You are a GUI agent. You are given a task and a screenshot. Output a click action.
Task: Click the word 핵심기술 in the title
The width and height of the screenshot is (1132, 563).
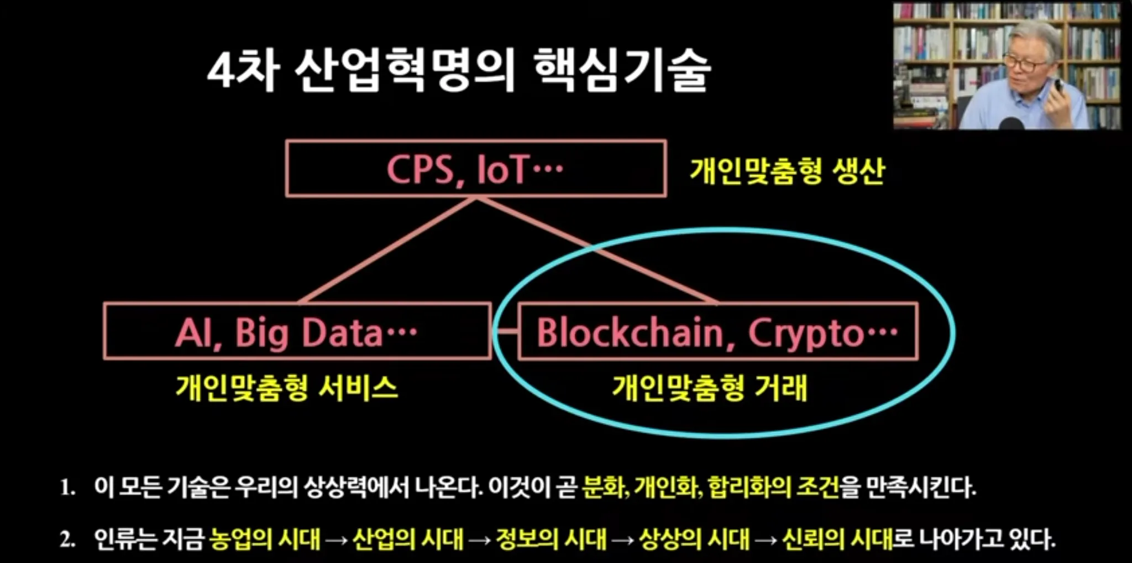622,70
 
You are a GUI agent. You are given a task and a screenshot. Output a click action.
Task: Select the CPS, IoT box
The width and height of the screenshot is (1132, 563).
475,169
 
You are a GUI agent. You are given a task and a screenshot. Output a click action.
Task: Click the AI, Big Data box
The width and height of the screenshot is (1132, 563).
297,332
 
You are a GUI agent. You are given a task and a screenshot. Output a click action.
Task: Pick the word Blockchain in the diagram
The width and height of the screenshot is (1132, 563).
630,333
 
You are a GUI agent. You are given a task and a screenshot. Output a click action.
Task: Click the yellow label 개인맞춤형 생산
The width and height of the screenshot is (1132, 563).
787,171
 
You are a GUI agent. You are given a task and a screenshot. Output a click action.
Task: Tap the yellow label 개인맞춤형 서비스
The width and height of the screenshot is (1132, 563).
287,387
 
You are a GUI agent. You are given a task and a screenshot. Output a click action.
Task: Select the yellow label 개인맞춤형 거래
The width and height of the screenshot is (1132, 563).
710,387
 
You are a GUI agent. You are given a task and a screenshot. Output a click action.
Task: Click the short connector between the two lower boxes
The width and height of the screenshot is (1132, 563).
505,332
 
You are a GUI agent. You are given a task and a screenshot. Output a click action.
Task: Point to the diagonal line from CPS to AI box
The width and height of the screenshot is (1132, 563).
387,250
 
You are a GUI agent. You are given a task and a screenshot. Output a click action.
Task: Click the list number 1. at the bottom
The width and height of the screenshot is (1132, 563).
67,488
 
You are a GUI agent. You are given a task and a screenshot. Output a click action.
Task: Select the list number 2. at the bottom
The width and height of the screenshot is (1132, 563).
67,539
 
